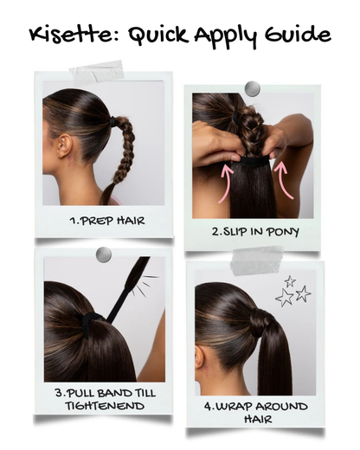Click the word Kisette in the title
coord(74,34)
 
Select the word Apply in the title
coord(225,36)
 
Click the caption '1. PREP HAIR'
coord(107,221)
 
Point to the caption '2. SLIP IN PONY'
coord(255,231)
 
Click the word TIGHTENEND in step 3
coord(105,406)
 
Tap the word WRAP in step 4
coord(233,407)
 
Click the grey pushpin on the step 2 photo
coord(252,88)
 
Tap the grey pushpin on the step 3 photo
coord(104,254)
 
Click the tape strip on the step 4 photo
coord(257,260)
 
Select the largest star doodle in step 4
coord(284,298)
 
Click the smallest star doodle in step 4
coord(290,281)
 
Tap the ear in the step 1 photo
coord(64,145)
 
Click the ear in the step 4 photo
coord(200,357)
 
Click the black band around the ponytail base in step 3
coord(90,324)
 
